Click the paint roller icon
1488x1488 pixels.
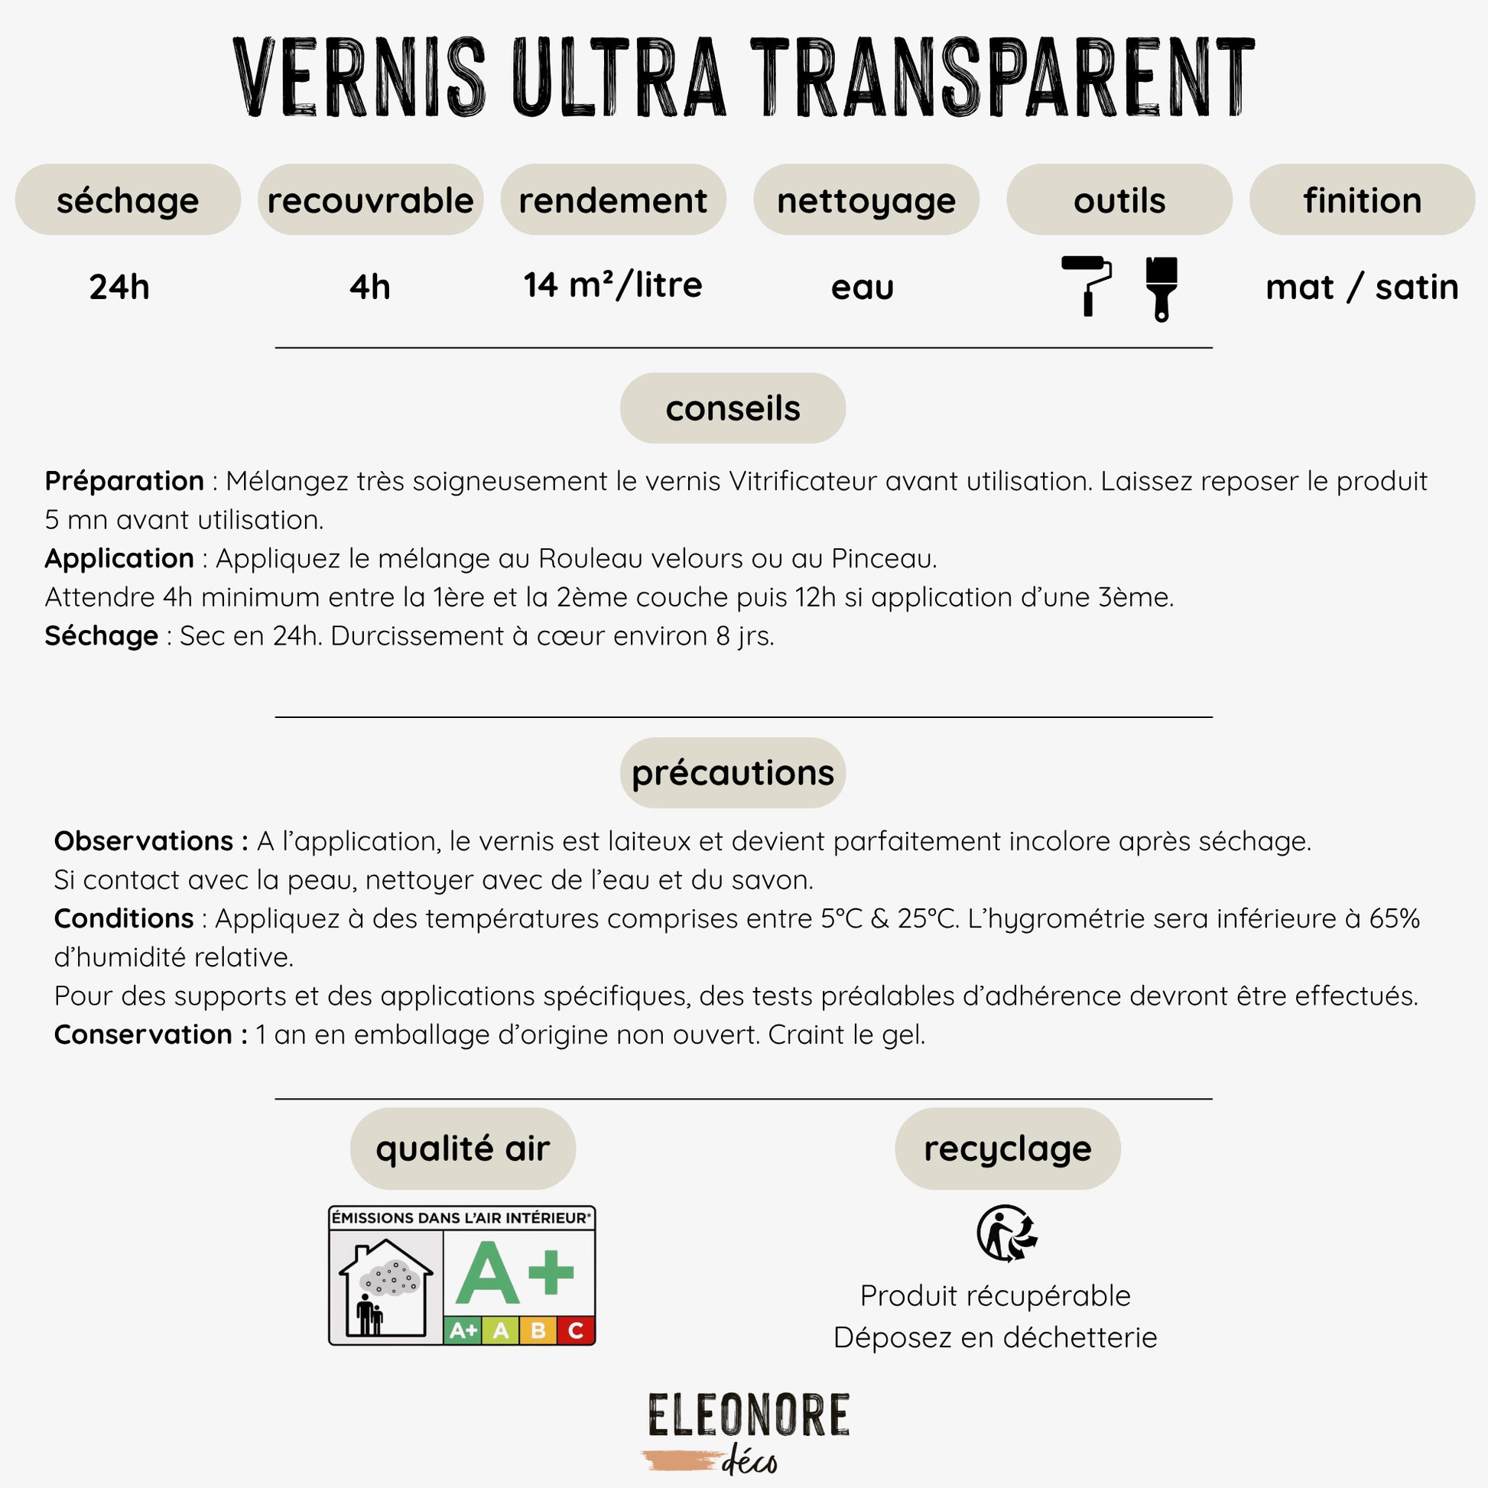pos(1086,285)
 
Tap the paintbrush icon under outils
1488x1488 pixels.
pos(1161,288)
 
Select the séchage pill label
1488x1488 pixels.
pos(128,200)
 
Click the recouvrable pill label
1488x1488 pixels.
pos(370,200)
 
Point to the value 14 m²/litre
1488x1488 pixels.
pos(613,286)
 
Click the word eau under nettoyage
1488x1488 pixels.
pos(862,288)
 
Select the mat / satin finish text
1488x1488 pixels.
pos(1362,288)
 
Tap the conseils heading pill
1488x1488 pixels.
pos(733,408)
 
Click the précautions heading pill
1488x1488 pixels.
pos(733,772)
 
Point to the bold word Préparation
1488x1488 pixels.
pos(124,482)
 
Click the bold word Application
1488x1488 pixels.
pos(119,558)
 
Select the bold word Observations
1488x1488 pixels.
pos(143,841)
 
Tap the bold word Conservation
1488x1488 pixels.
pos(143,1035)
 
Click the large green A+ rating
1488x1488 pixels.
pos(515,1272)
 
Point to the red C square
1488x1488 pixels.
pos(575,1330)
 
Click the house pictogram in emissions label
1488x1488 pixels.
pos(386,1287)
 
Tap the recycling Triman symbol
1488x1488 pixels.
pos(1006,1233)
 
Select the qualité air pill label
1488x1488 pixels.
pos(463,1148)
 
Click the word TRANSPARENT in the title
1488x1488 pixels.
pos(1002,77)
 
